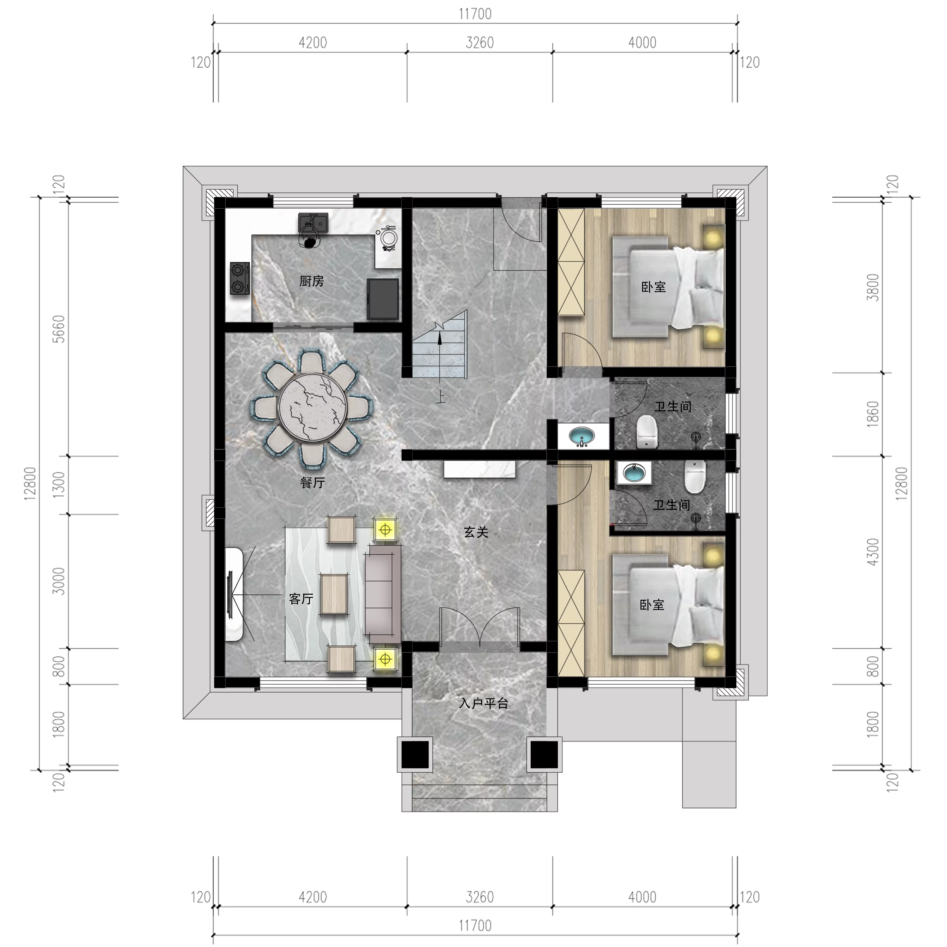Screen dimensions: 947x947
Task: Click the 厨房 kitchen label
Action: (x=312, y=281)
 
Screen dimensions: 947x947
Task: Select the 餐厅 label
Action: (x=312, y=483)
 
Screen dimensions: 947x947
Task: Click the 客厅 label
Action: (x=301, y=599)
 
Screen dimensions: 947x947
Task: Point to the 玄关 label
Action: (x=476, y=532)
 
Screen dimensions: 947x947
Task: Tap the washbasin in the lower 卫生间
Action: (x=634, y=473)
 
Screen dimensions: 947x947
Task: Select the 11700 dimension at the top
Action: (x=475, y=14)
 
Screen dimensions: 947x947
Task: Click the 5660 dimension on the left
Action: (x=58, y=329)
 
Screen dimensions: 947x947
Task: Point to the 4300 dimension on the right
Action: (x=873, y=552)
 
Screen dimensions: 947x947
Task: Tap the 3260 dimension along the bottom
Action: (x=479, y=897)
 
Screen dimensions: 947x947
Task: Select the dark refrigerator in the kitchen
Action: (x=383, y=299)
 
